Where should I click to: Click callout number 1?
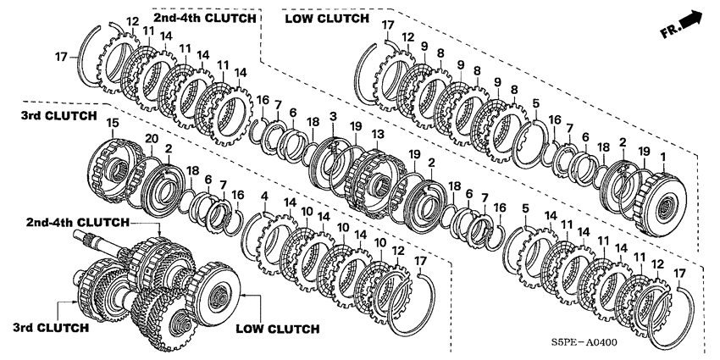click(x=662, y=157)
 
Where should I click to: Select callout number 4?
click(x=264, y=196)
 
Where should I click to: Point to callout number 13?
click(x=378, y=134)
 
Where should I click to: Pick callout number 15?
click(x=113, y=123)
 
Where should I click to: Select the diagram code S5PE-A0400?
click(x=584, y=342)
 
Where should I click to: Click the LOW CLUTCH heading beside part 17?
click(x=326, y=19)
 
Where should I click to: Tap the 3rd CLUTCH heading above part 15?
click(x=58, y=116)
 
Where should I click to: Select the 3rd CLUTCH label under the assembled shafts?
click(x=51, y=328)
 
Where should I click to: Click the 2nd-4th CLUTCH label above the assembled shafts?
click(x=78, y=223)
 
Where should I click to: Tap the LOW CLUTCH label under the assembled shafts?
click(x=277, y=329)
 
